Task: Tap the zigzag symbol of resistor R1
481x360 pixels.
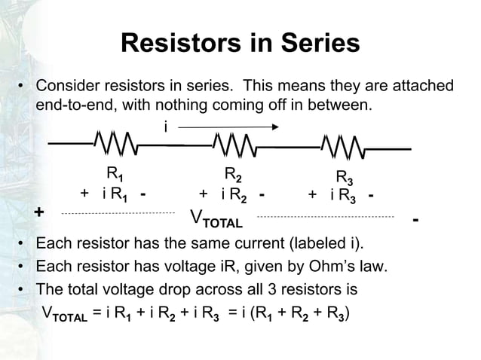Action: click(x=115, y=142)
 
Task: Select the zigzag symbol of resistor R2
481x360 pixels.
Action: click(x=234, y=143)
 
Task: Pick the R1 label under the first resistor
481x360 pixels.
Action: click(x=115, y=173)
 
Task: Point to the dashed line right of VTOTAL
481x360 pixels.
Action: click(x=325, y=217)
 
